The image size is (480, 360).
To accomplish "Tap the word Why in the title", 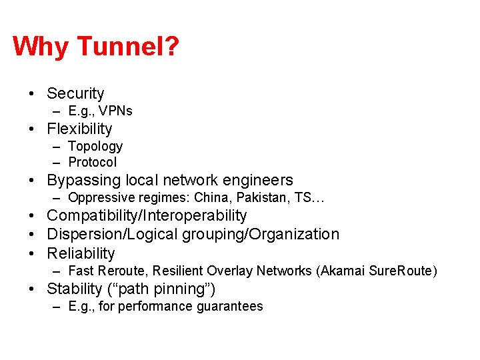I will click(x=41, y=47).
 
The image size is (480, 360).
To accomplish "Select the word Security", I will click(x=75, y=93).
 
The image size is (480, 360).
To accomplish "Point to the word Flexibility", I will click(x=79, y=129).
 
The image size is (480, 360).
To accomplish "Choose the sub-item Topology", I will click(x=95, y=146).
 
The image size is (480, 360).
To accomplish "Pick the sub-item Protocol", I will click(x=92, y=162).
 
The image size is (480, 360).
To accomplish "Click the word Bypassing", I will click(x=81, y=180).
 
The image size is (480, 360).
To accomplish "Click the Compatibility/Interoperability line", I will click(x=147, y=215).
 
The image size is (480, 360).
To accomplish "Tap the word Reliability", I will click(x=81, y=253).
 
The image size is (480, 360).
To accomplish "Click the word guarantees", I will click(x=229, y=307).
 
